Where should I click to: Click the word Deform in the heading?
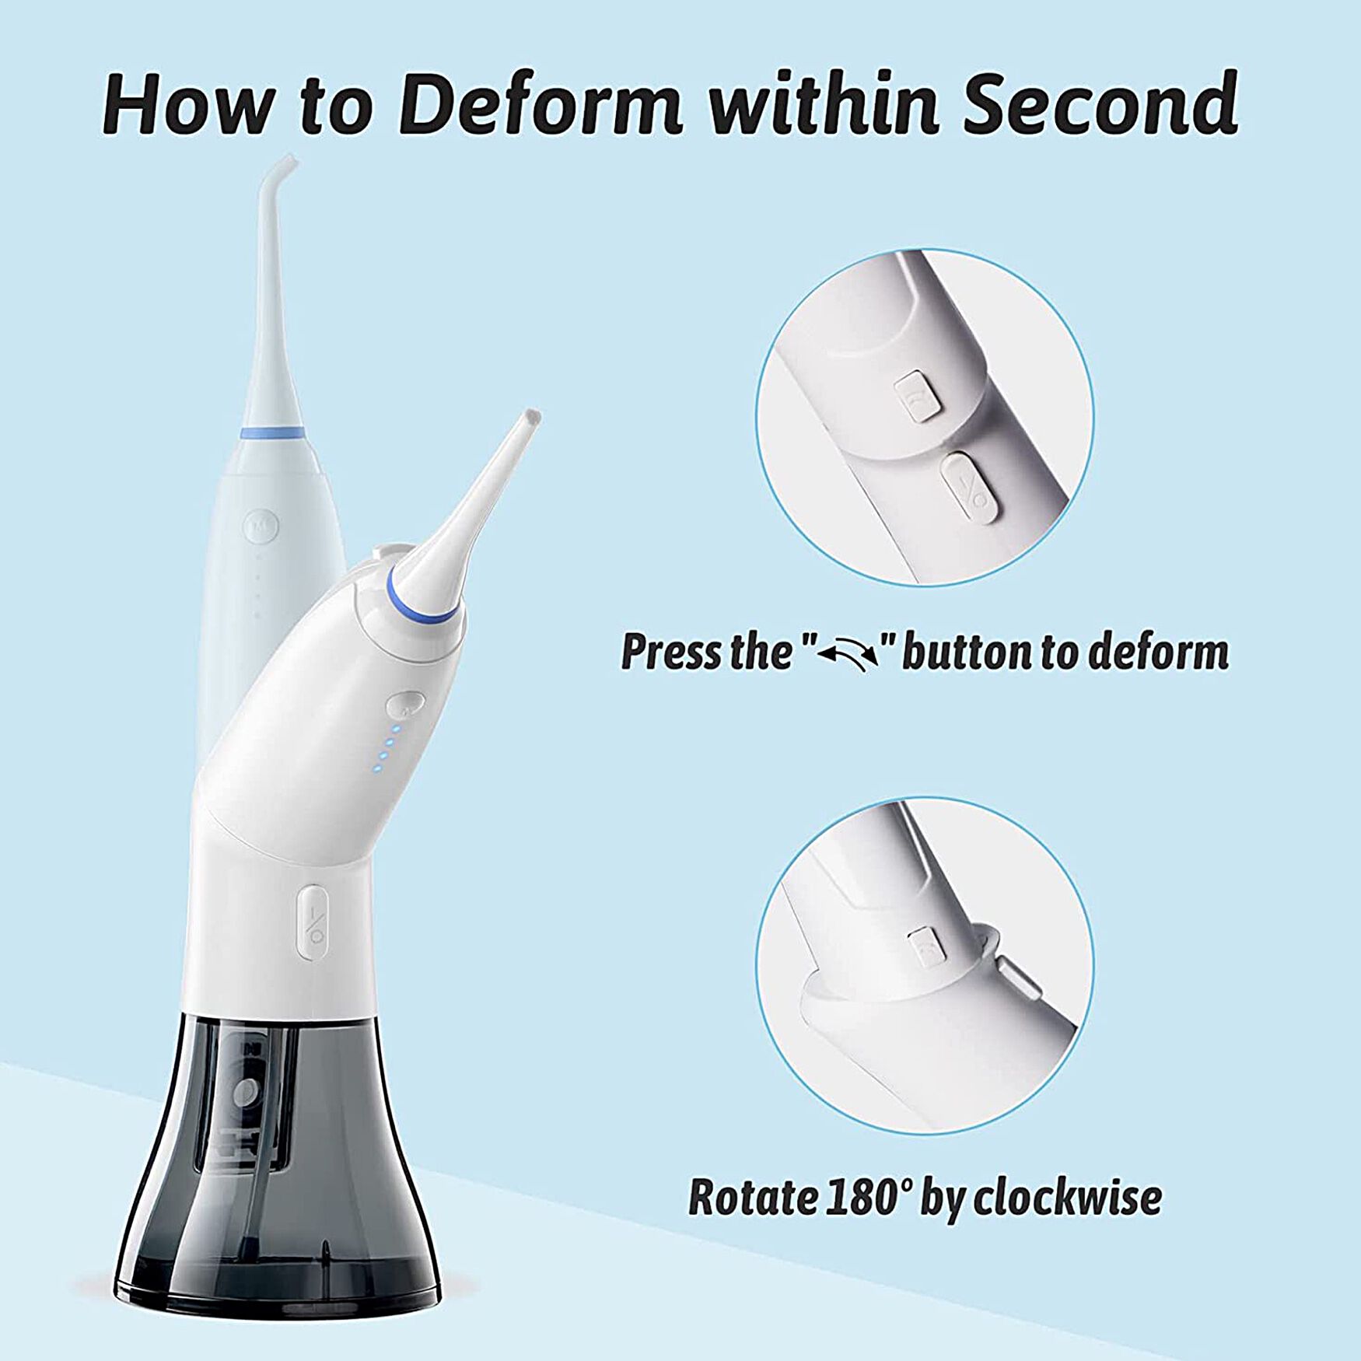click(542, 103)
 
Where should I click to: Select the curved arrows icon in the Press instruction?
click(852, 654)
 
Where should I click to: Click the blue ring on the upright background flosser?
click(271, 432)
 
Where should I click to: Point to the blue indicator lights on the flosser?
click(386, 748)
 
